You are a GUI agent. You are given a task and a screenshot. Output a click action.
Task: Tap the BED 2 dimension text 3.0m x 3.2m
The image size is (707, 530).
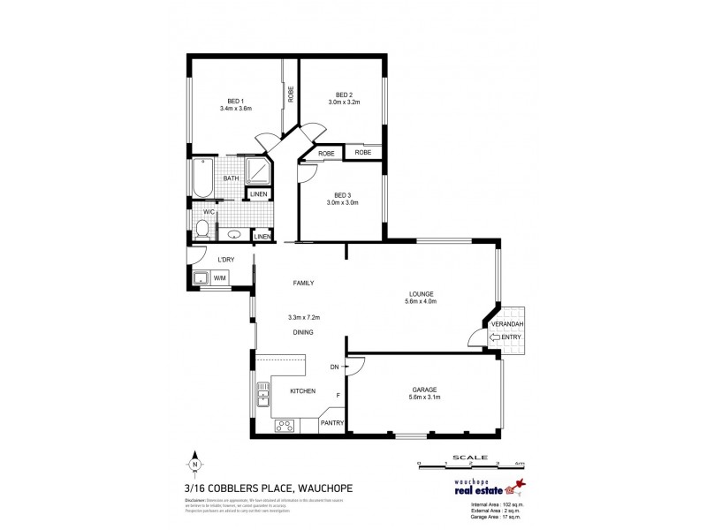point(345,102)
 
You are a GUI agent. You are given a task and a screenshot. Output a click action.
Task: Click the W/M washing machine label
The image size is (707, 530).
point(219,278)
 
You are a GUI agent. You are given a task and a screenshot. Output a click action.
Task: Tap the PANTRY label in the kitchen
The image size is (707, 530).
point(331,423)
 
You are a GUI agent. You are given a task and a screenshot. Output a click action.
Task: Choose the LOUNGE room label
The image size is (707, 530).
point(422,293)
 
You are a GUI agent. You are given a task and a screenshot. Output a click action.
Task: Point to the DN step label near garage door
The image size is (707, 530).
point(334,367)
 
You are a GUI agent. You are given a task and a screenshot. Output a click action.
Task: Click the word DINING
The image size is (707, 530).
point(305,332)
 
